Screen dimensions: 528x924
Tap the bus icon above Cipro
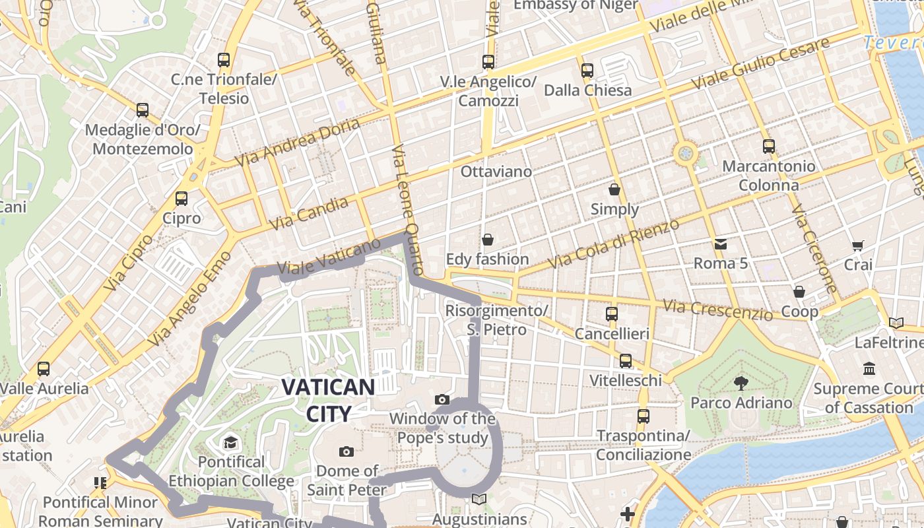pyautogui.click(x=181, y=198)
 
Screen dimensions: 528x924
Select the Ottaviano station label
pyautogui.click(x=496, y=172)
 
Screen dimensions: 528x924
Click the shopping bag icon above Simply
pyautogui.click(x=614, y=190)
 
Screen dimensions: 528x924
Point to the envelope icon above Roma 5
pyautogui.click(x=720, y=244)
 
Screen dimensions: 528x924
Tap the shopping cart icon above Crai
pyautogui.click(x=857, y=246)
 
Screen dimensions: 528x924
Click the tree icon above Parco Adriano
pyautogui.click(x=741, y=383)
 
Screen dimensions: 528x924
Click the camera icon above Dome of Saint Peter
pyautogui.click(x=346, y=451)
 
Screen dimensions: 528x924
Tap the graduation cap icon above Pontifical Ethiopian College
pyautogui.click(x=230, y=442)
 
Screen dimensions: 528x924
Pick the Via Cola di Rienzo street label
pyautogui.click(x=614, y=244)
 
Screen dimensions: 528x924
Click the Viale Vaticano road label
pyautogui.click(x=329, y=256)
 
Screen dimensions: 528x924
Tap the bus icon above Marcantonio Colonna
pyautogui.click(x=768, y=147)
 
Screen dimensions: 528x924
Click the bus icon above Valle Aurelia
pyautogui.click(x=44, y=369)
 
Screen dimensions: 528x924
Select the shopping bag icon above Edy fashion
pyautogui.click(x=487, y=240)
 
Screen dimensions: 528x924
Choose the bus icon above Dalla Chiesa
pyautogui.click(x=587, y=70)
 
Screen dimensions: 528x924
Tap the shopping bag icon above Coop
pyautogui.click(x=799, y=292)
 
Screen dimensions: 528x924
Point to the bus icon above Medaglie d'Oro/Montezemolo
pyautogui.click(x=143, y=110)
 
